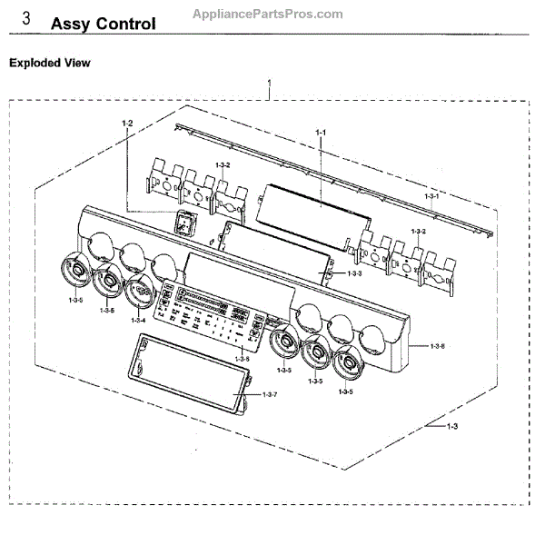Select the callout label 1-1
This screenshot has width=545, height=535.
coord(320,133)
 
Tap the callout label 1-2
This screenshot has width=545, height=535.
coord(127,123)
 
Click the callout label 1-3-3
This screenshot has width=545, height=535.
coord(353,273)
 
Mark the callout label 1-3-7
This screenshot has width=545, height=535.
coord(269,393)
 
